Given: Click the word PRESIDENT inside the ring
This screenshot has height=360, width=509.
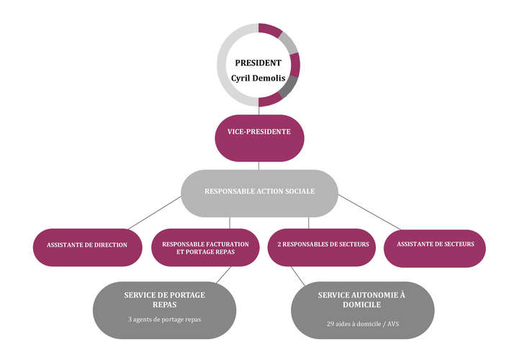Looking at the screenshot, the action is (258, 63).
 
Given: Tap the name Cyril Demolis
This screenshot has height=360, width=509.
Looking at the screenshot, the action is (258, 78).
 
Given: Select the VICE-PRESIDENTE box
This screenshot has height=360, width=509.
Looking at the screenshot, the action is (259, 138).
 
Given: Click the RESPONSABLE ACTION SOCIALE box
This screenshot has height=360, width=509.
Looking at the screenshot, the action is (259, 194).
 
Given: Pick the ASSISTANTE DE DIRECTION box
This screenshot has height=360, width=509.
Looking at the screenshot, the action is (88, 248).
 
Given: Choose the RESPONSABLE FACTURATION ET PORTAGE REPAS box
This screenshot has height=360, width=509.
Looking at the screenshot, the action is (205, 248).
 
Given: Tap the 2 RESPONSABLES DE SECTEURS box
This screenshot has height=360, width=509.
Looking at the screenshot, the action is (321, 248).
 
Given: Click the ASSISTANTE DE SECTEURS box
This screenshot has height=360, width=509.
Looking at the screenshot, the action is (435, 248).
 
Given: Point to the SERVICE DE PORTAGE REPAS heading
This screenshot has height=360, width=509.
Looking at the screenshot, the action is (165, 300).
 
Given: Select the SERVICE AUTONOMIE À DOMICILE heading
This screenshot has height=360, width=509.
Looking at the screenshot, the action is (361, 300).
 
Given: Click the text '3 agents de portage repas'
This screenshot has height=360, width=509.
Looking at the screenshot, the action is (165, 320).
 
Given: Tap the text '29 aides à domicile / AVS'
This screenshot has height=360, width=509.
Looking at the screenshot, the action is (363, 324).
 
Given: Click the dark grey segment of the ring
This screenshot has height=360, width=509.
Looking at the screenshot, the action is (287, 86).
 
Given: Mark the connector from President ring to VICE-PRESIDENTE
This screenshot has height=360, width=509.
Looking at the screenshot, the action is (258, 110).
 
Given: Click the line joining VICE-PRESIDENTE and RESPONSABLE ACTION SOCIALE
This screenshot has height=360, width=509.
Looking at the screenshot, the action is (258, 166).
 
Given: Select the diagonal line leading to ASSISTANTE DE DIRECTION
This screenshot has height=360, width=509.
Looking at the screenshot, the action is (155, 212).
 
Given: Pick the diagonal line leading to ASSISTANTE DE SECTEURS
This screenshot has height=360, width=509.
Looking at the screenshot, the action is (369, 212).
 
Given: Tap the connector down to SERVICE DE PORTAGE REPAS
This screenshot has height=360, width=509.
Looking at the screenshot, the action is (224, 274).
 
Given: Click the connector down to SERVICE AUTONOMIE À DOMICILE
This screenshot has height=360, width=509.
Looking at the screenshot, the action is (297, 276).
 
